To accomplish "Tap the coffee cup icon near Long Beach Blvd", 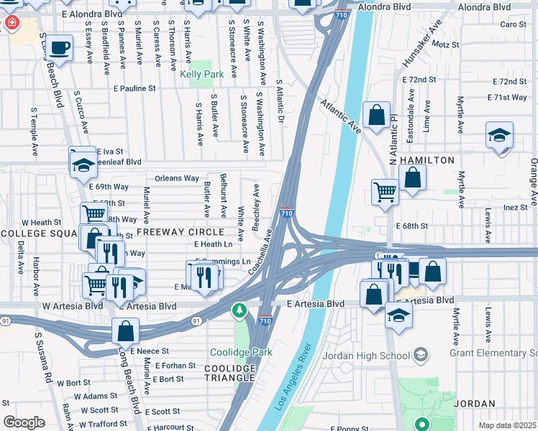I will pyautogui.click(x=60, y=48).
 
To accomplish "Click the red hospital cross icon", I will pyautogui.click(x=10, y=23).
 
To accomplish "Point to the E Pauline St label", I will pyautogui.click(x=134, y=88).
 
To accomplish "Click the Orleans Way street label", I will pyautogui.click(x=176, y=178).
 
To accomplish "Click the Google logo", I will pyautogui.click(x=24, y=422).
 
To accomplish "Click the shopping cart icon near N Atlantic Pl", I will pyautogui.click(x=386, y=192).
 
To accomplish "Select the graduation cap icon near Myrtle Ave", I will pyautogui.click(x=499, y=134).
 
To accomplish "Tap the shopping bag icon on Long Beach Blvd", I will pyautogui.click(x=125, y=331).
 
